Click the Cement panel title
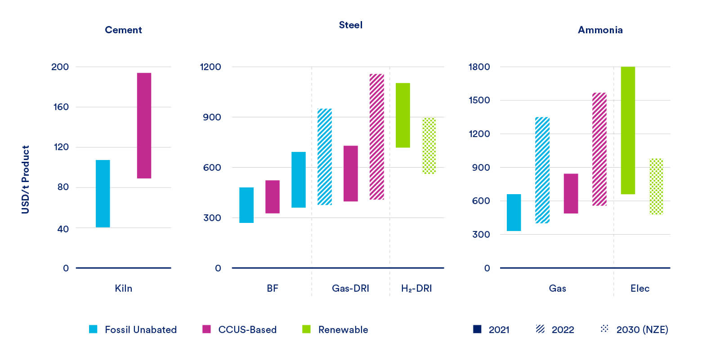click(123, 30)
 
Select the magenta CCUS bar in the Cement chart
click(144, 125)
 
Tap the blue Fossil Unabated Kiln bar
click(103, 193)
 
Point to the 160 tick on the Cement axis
click(61, 107)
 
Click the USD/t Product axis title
click(26, 179)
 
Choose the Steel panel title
click(350, 25)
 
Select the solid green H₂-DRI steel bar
click(402, 115)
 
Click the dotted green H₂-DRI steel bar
click(429, 146)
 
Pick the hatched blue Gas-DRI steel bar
click(325, 156)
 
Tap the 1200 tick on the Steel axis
click(210, 67)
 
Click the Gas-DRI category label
click(350, 289)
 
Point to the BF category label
click(273, 289)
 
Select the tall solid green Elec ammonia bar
click(628, 130)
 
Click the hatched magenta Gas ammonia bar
click(599, 149)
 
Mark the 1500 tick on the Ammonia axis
click(479, 100)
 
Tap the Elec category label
click(640, 289)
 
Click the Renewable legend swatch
click(306, 329)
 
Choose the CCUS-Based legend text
click(247, 330)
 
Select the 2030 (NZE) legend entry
click(642, 330)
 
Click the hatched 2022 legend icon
click(540, 329)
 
